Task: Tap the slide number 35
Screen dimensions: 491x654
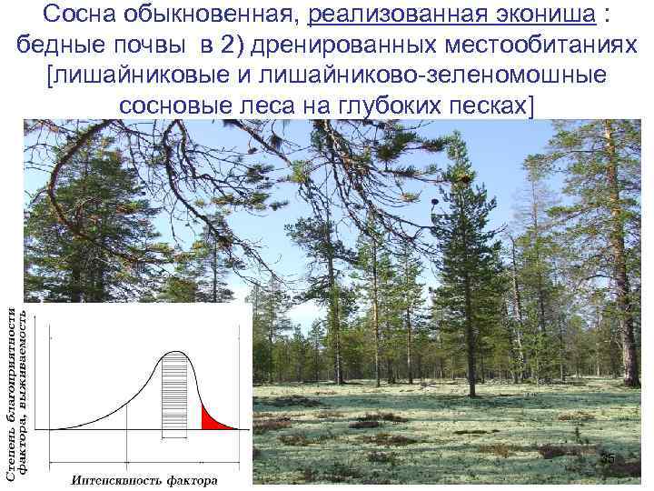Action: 608,462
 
